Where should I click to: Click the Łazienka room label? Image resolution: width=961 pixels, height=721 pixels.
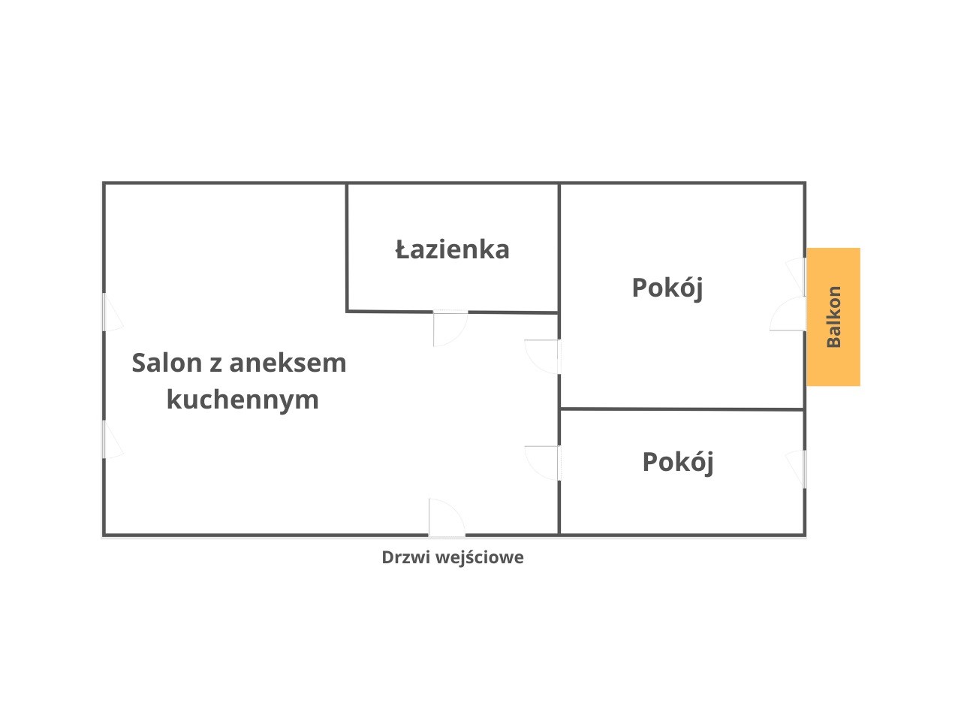pyautogui.click(x=452, y=249)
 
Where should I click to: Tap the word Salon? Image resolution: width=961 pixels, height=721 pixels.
pyautogui.click(x=167, y=363)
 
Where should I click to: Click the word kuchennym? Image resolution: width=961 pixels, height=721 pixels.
pyautogui.click(x=243, y=399)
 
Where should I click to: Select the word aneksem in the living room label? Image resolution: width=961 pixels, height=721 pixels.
pyautogui.click(x=288, y=363)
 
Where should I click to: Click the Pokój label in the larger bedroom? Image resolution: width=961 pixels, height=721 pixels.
pyautogui.click(x=667, y=288)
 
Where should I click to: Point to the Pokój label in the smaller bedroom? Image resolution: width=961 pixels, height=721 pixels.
pyautogui.click(x=677, y=461)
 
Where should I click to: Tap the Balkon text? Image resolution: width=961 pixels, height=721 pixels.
pyautogui.click(x=833, y=317)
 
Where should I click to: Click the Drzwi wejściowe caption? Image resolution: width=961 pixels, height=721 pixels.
pyautogui.click(x=452, y=557)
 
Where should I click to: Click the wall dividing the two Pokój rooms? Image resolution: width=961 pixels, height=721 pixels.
pyautogui.click(x=682, y=409)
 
